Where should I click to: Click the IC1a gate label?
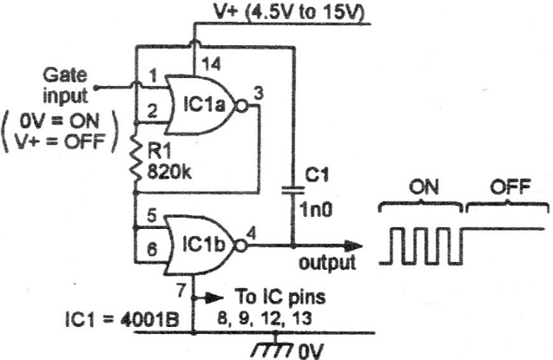click(x=203, y=104)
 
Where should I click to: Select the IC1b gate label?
click(x=203, y=245)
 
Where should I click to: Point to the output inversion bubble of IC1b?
click(x=240, y=245)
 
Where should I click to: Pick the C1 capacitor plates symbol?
click(x=293, y=190)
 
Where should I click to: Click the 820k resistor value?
click(x=169, y=173)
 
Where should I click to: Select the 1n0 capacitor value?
click(x=316, y=210)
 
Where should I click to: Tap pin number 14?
click(x=211, y=63)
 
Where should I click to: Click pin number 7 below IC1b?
click(x=181, y=291)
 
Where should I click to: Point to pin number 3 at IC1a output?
click(x=259, y=94)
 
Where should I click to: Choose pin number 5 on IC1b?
click(x=152, y=216)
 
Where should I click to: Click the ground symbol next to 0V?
click(x=273, y=347)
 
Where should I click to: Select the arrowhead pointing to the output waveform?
click(x=352, y=245)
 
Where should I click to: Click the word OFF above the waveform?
click(x=510, y=187)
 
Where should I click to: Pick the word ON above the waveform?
click(x=424, y=187)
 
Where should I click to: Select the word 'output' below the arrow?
click(x=327, y=263)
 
